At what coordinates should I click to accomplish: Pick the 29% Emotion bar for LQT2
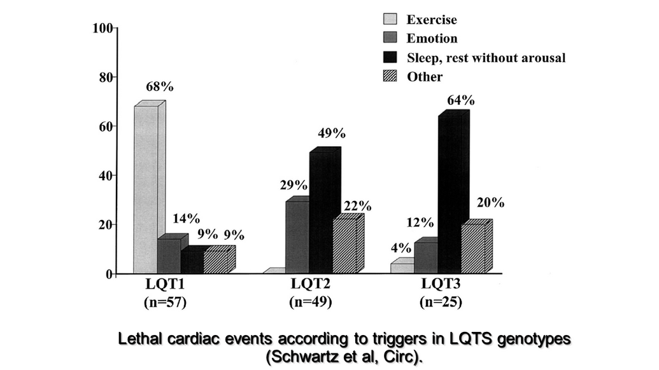tap(297, 237)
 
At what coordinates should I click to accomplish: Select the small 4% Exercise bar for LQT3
tap(402, 267)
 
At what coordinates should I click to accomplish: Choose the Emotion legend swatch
tap(390, 39)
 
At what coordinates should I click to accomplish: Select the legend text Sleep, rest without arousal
tap(486, 58)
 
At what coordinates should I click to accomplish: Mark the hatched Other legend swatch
tap(390, 77)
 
